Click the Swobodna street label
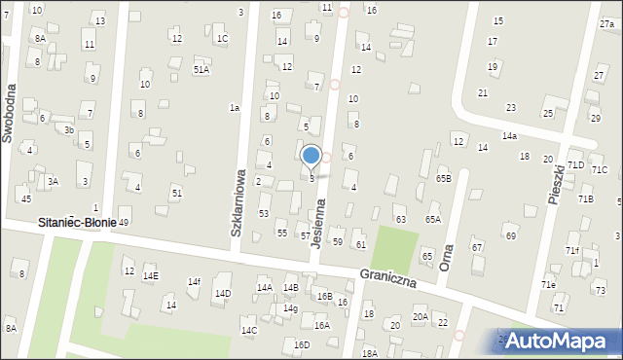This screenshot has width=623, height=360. click(9, 111)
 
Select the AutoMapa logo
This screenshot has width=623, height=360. click(558, 340)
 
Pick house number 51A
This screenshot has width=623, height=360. click(201, 69)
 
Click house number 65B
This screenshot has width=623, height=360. click(443, 179)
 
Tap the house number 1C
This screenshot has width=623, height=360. click(222, 39)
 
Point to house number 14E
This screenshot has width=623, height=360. click(150, 276)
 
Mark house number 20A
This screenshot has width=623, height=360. click(420, 316)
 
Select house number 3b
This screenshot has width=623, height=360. click(68, 129)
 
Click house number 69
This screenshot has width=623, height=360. click(510, 235)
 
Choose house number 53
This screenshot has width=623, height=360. click(263, 213)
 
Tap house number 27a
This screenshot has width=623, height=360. click(605, 22)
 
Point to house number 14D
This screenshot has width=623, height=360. click(223, 293)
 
